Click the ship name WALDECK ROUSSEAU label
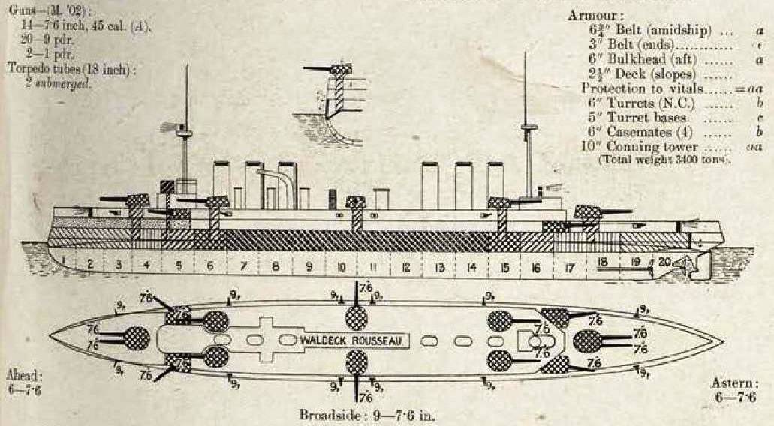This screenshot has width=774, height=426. click(x=354, y=340)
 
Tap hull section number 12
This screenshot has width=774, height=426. click(x=405, y=266)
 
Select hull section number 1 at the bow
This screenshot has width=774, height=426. click(x=65, y=262)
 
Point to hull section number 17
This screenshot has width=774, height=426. click(x=570, y=266)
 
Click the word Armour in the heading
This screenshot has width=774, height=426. click(x=592, y=15)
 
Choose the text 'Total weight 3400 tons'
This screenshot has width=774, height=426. click(x=664, y=160)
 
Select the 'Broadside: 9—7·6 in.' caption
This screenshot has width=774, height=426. click(x=366, y=414)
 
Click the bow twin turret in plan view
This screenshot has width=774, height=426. click(x=136, y=338)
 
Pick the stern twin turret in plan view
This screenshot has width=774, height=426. click(x=588, y=340)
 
